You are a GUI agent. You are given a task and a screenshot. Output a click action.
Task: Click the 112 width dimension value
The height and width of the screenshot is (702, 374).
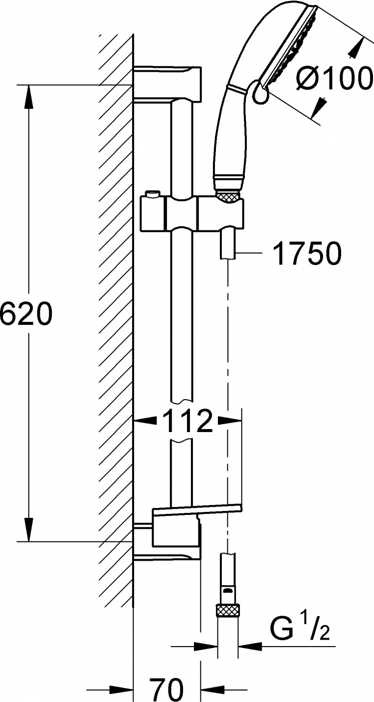(187, 421)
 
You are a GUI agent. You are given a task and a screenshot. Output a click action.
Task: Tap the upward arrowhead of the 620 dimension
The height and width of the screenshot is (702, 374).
(29, 97)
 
